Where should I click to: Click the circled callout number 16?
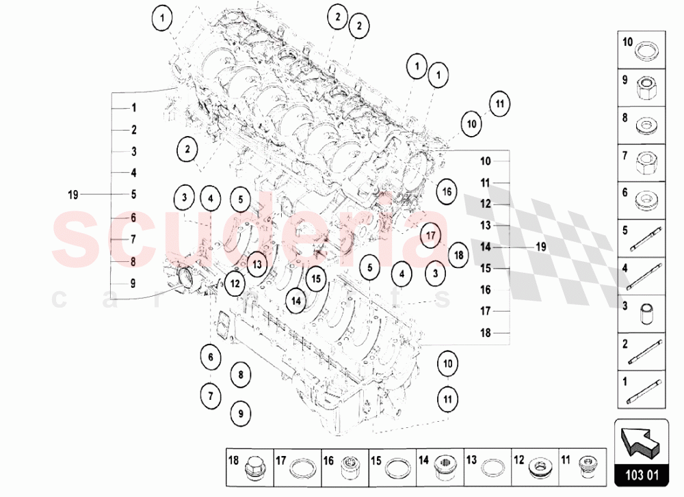447,191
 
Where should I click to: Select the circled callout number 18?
458,255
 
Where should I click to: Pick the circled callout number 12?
235,281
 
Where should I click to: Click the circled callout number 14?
295,299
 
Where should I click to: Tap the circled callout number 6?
211,356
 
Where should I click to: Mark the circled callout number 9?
240,412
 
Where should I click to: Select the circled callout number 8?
240,374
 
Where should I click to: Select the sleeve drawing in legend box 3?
645,312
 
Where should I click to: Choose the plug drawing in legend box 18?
256,467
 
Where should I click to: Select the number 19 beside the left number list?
74,195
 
